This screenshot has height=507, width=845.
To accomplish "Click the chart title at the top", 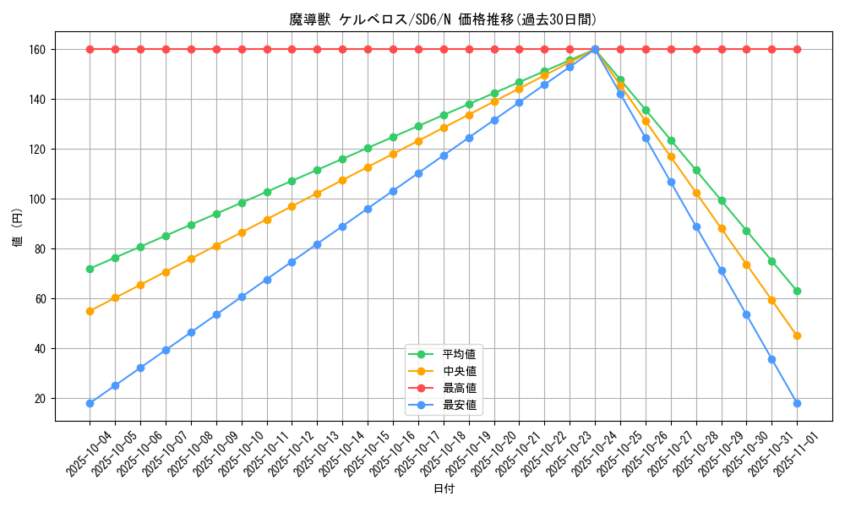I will pyautogui.click(x=443, y=19).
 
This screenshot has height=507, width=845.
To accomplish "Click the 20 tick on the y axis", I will pyautogui.click(x=41, y=399).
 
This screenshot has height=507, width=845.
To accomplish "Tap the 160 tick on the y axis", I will pyautogui.click(x=39, y=50).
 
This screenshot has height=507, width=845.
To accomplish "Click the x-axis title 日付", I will pyautogui.click(x=443, y=489).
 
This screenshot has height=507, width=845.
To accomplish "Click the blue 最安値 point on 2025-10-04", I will pyautogui.click(x=90, y=403).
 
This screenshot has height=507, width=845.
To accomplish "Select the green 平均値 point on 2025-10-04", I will pyautogui.click(x=90, y=269).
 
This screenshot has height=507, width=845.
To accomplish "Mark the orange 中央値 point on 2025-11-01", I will pyautogui.click(x=797, y=335).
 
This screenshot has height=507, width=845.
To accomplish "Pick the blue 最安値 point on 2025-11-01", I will pyautogui.click(x=797, y=403).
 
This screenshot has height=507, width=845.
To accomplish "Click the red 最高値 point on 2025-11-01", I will pyautogui.click(x=797, y=49).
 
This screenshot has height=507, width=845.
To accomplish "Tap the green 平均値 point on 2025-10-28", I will pyautogui.click(x=696, y=170).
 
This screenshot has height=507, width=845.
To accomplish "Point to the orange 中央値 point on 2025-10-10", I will pyautogui.click(x=242, y=232).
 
